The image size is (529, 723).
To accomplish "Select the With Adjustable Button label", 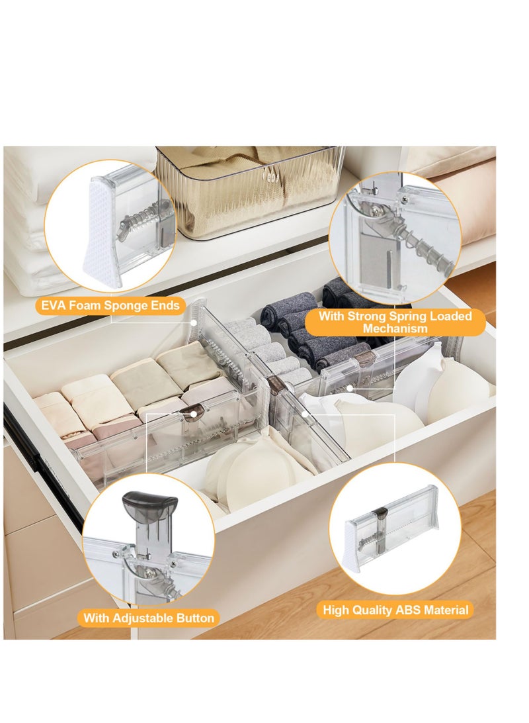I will [x=149, y=618].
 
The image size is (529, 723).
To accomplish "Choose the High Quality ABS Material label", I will [x=395, y=609].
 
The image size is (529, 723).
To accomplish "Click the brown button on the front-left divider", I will [x=192, y=414].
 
